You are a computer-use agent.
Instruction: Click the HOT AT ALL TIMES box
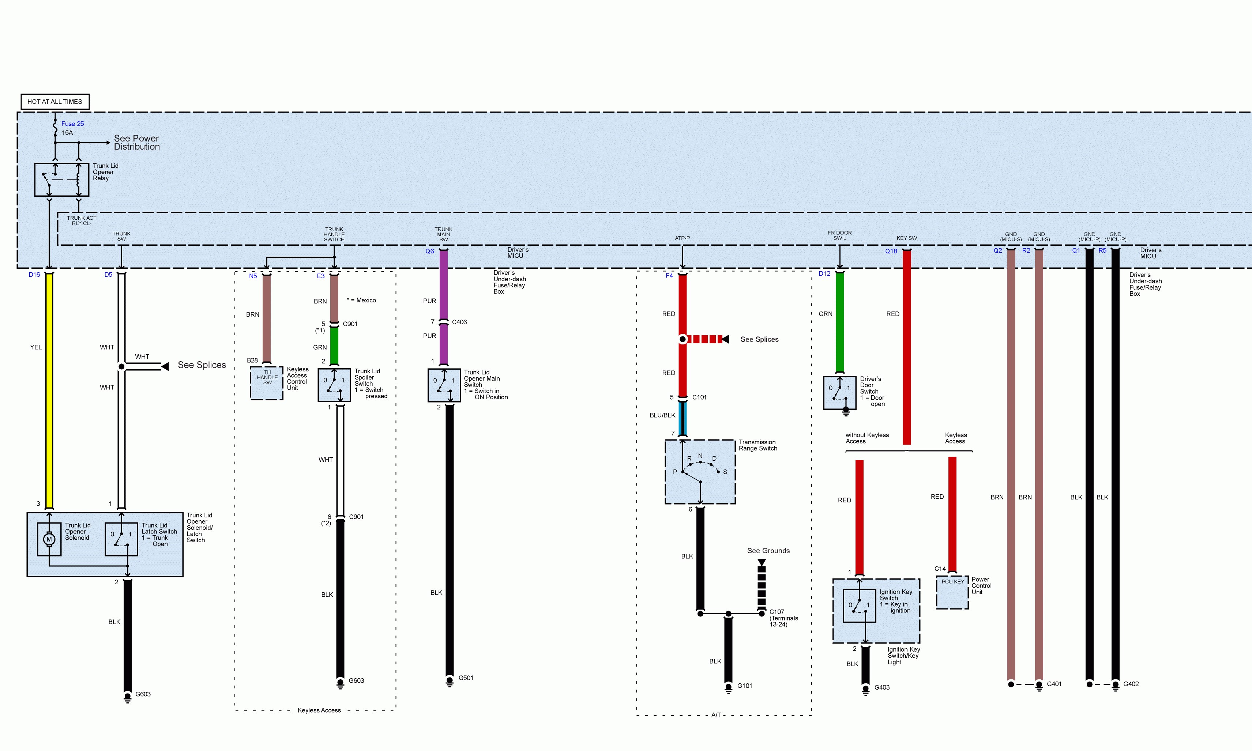54,102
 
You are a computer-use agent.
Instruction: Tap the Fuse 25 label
72,124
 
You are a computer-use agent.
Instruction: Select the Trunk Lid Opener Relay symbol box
61,179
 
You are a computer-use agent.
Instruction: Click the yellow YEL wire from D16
49,390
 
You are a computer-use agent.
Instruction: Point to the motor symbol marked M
49,539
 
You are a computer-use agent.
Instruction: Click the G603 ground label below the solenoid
143,694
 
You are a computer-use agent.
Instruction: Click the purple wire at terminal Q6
444,283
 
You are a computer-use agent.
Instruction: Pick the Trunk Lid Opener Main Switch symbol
444,385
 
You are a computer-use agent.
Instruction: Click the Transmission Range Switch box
700,472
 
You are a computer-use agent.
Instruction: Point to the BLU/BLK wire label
662,415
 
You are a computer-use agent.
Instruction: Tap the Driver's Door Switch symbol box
839,392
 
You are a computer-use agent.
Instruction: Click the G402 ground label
1131,684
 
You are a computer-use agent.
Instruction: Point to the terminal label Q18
891,252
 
